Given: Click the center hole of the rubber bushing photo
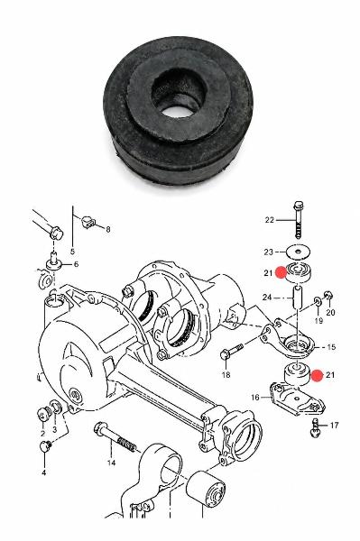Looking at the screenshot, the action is click(178, 112).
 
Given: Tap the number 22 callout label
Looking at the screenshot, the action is click(269, 220).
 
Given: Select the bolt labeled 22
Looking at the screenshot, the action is click(299, 219).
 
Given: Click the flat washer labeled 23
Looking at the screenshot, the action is click(299, 252).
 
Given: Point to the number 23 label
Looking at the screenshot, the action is click(269, 252).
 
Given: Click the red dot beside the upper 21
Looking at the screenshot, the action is click(281, 272).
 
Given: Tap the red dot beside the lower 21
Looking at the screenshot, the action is click(317, 375).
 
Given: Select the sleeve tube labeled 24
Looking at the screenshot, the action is click(298, 298).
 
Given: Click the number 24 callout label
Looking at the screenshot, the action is click(267, 297).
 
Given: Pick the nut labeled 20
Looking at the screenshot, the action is click(328, 296).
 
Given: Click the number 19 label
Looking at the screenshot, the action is click(318, 320).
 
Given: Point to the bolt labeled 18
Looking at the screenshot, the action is click(231, 352).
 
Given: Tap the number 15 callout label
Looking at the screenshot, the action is click(331, 347).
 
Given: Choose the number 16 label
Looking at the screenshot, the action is click(255, 398).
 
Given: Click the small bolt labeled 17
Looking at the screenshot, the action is click(315, 427).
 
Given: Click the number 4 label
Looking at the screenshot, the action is click(44, 472).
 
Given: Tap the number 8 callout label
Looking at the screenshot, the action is click(108, 229).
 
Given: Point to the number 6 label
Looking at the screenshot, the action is click(76, 264).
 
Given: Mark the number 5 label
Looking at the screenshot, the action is click(72, 252).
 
